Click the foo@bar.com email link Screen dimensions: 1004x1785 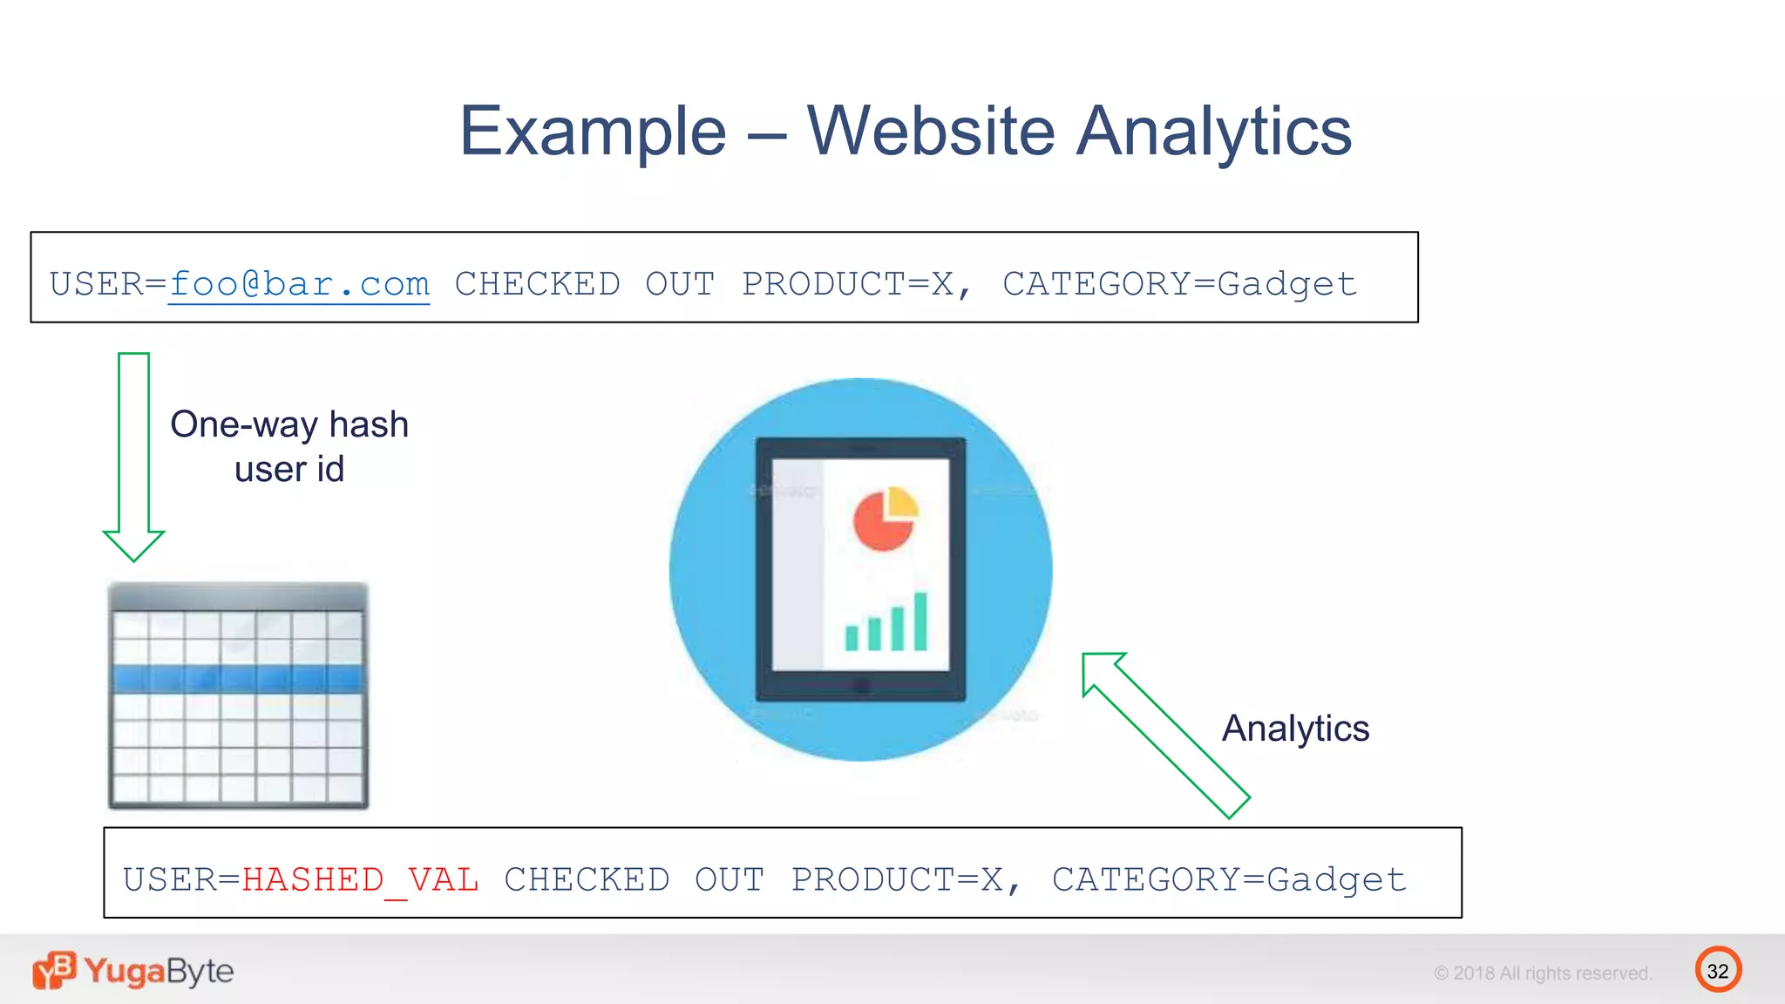coord(299,284)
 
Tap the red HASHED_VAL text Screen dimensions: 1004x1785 coord(360,879)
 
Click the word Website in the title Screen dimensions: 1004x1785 coord(930,131)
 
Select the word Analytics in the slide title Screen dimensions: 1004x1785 coord(1214,132)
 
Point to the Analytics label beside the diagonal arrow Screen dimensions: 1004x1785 coord(1295,728)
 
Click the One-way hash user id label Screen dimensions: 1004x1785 coord(289,446)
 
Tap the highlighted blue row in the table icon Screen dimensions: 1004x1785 coord(238,679)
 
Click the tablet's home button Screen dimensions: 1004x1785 coord(861,685)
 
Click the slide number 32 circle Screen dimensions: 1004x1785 coord(1718,970)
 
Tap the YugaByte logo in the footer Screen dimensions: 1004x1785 coord(133,971)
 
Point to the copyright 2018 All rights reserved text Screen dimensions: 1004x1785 coord(1543,973)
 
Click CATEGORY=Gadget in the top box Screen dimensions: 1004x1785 coord(1179,284)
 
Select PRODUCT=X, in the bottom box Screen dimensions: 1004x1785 coord(906,879)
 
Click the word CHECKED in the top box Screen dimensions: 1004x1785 coord(537,284)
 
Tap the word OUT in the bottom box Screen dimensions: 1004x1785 coord(729,879)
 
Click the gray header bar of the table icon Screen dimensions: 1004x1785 coord(238,597)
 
